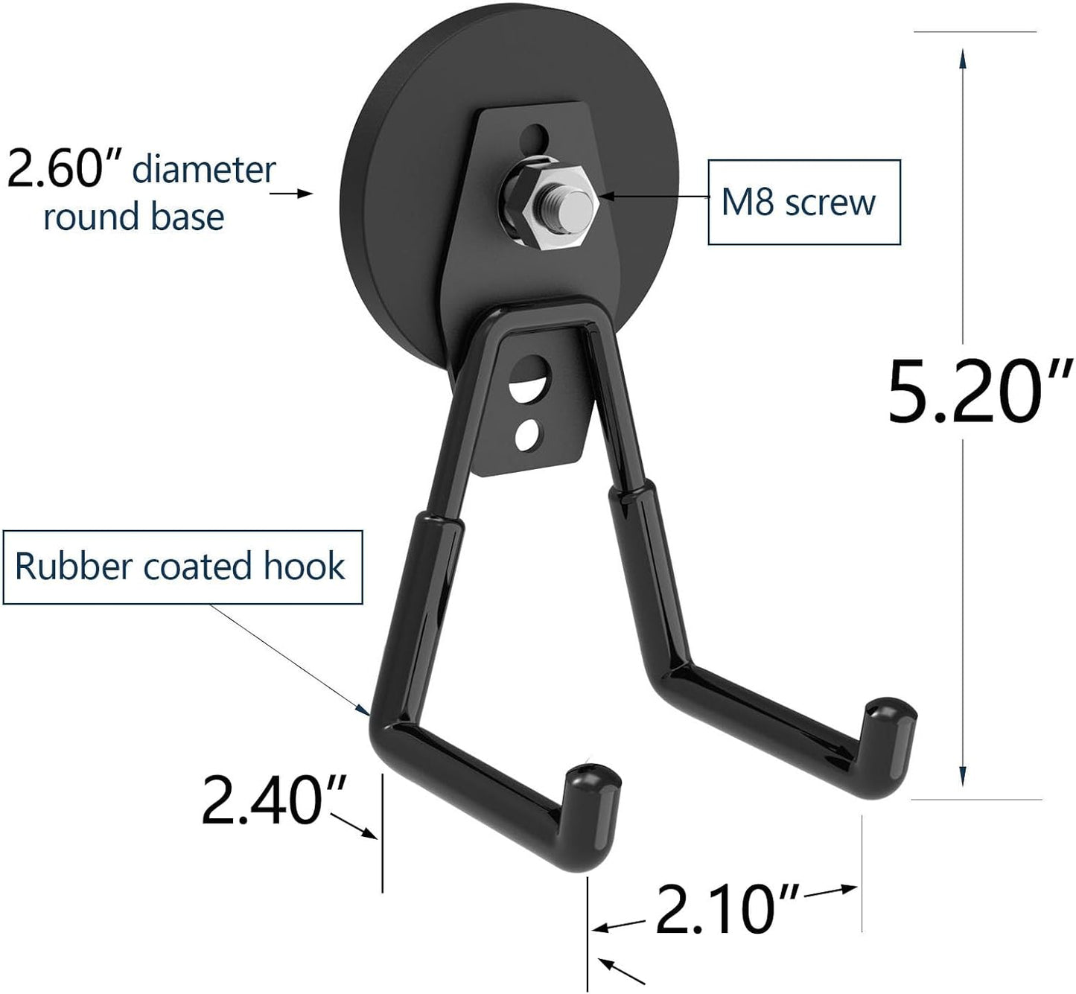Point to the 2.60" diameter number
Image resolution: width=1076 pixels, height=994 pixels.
point(64,170)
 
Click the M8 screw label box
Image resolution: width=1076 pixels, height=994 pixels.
point(803,202)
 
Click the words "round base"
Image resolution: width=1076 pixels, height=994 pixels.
point(134,217)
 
